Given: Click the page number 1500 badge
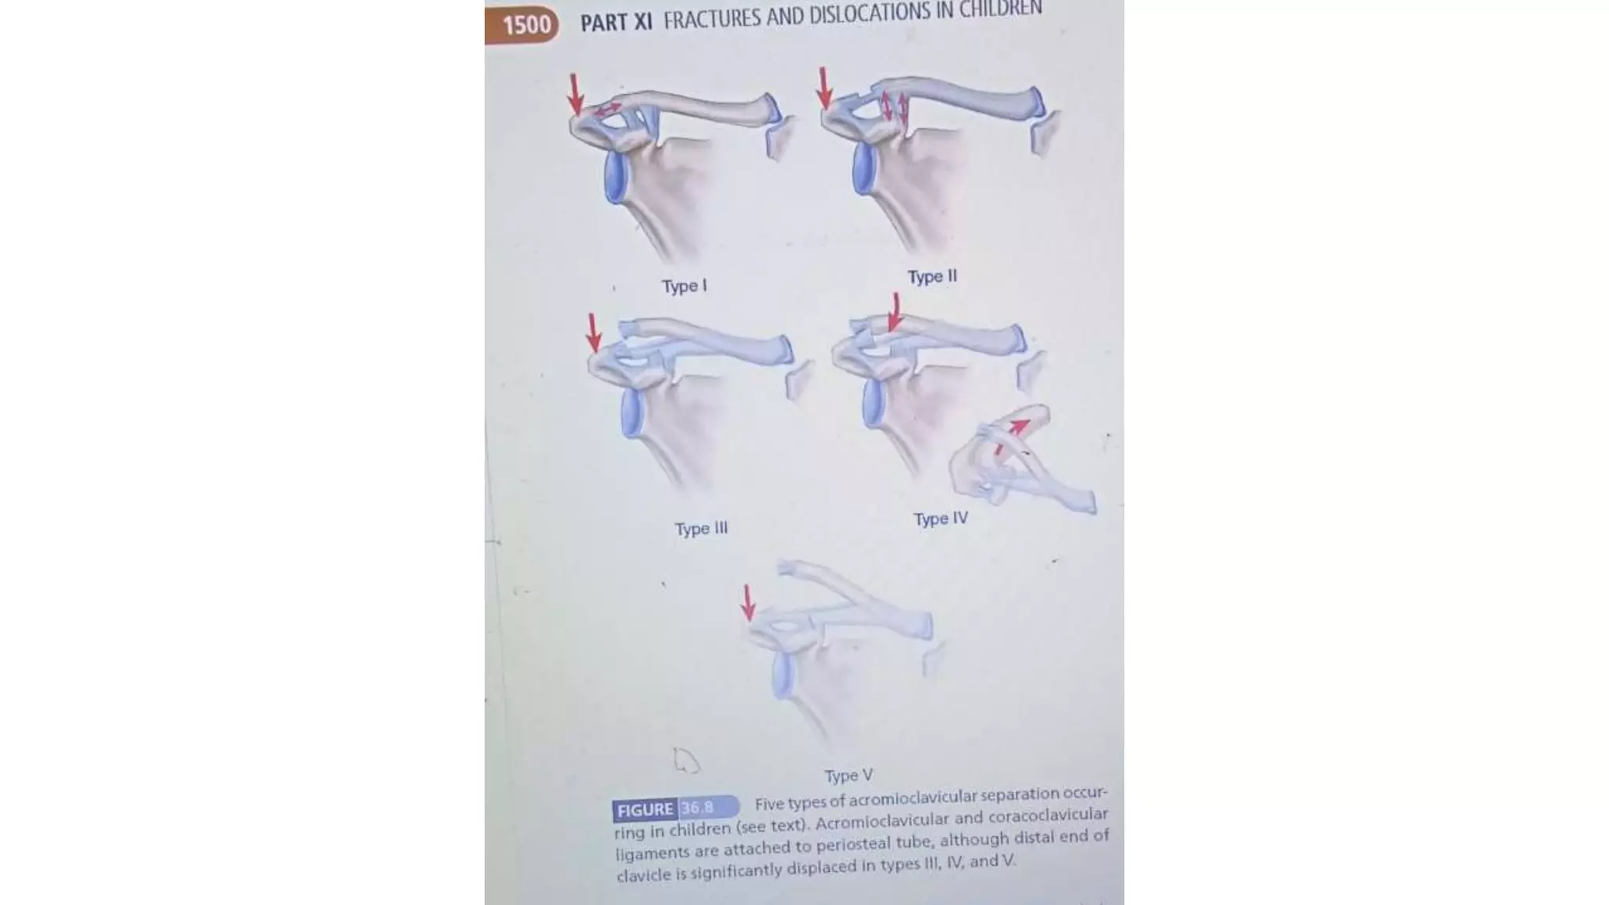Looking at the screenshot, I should (x=524, y=24).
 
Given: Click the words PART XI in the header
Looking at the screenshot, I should (x=616, y=22).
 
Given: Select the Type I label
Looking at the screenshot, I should (x=684, y=286).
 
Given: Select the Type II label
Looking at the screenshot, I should (x=932, y=277).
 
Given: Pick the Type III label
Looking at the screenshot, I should (x=701, y=529).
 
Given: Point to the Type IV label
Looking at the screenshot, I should (x=940, y=518).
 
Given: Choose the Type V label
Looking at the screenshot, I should (x=848, y=775).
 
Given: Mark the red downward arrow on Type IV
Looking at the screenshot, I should (x=894, y=313).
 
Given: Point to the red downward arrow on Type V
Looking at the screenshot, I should (x=748, y=602).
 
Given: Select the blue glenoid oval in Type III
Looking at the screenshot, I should (x=632, y=413).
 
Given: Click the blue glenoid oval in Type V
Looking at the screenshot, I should (x=782, y=675).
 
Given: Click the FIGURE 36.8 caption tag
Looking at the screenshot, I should (x=675, y=808).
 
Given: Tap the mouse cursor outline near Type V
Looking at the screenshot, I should (x=685, y=760).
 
